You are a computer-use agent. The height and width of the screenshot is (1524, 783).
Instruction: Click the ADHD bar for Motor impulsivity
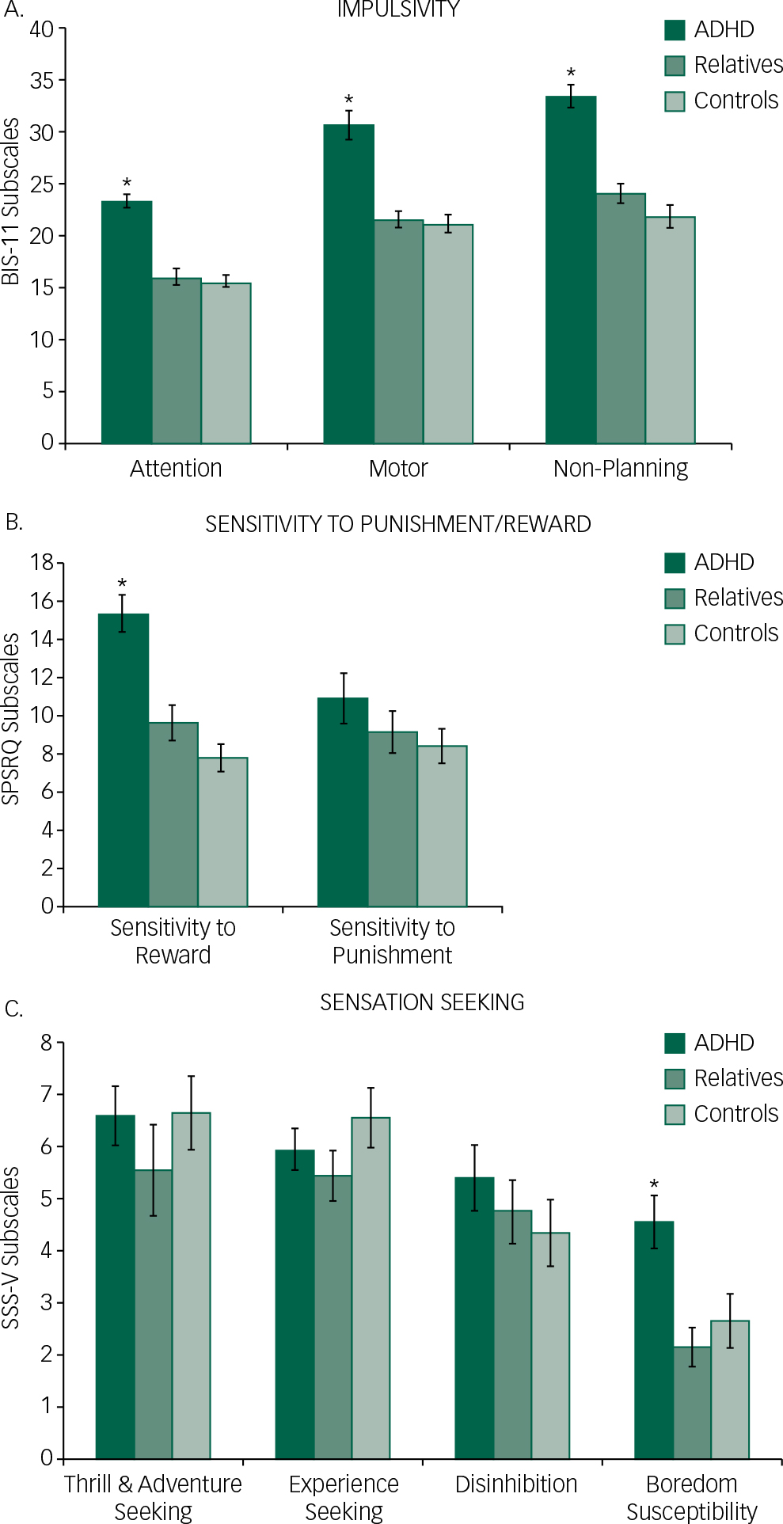[348, 285]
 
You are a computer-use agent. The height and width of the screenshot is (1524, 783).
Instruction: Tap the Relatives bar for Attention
[177, 361]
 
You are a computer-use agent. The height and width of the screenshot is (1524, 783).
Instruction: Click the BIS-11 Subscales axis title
[11, 201]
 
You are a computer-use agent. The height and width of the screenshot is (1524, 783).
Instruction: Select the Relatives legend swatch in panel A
[675, 66]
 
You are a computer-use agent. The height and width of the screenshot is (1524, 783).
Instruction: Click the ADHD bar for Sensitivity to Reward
[123, 760]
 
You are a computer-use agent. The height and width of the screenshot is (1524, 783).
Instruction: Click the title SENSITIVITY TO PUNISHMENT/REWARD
[397, 525]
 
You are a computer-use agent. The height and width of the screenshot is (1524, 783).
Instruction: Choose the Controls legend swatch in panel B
[675, 634]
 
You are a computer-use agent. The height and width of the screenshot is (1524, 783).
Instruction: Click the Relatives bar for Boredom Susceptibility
[692, 1402]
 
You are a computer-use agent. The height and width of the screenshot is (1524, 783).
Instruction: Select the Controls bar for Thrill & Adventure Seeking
[191, 1286]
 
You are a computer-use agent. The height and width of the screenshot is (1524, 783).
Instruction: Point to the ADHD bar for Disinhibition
[474, 1318]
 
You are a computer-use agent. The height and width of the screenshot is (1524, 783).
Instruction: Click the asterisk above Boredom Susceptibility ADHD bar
[654, 1185]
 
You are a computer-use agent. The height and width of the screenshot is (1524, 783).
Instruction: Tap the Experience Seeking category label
[344, 1497]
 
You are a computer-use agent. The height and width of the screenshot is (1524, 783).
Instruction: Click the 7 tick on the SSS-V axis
[47, 1095]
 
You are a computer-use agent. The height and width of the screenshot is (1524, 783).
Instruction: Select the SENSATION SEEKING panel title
[422, 1003]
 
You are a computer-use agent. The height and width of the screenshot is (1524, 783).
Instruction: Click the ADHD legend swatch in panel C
[675, 1043]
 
